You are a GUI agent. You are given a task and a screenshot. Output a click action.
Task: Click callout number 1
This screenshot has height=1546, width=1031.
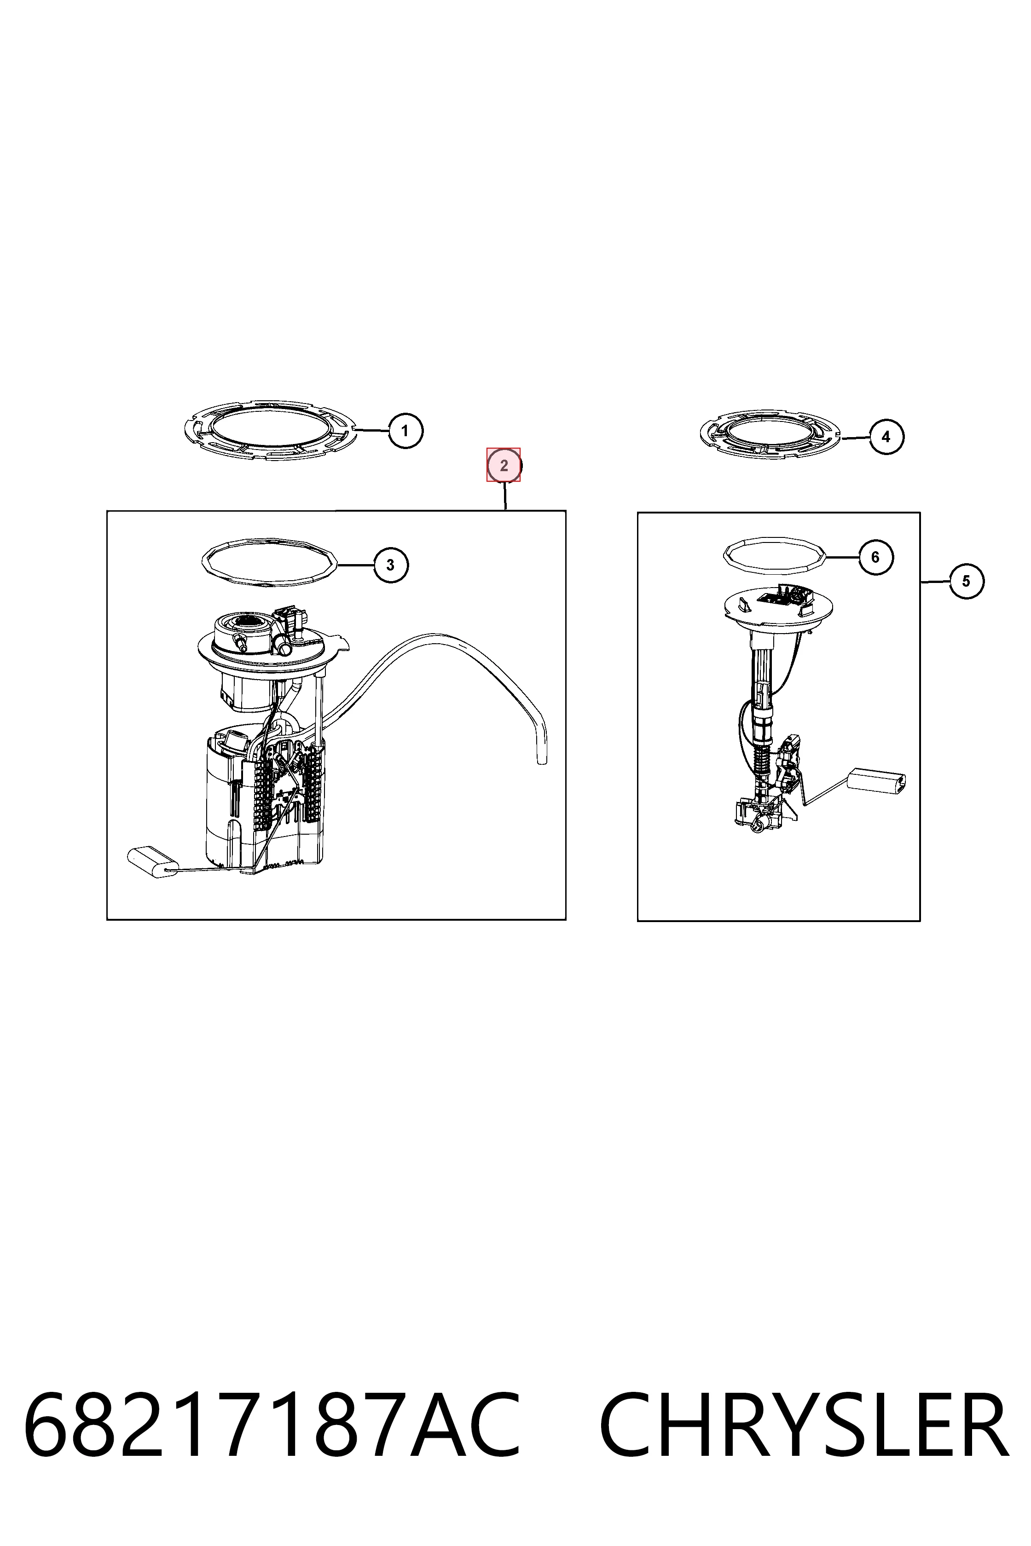(405, 431)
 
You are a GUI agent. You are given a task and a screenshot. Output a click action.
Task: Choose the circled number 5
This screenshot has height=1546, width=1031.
(966, 581)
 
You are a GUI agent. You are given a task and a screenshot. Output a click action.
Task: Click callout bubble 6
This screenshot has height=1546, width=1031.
(875, 557)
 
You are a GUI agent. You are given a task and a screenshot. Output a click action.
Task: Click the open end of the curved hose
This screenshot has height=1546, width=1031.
(542, 761)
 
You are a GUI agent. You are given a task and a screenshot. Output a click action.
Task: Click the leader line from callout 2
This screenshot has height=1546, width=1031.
(505, 496)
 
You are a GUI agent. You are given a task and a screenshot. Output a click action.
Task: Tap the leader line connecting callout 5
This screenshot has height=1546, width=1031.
(934, 582)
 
